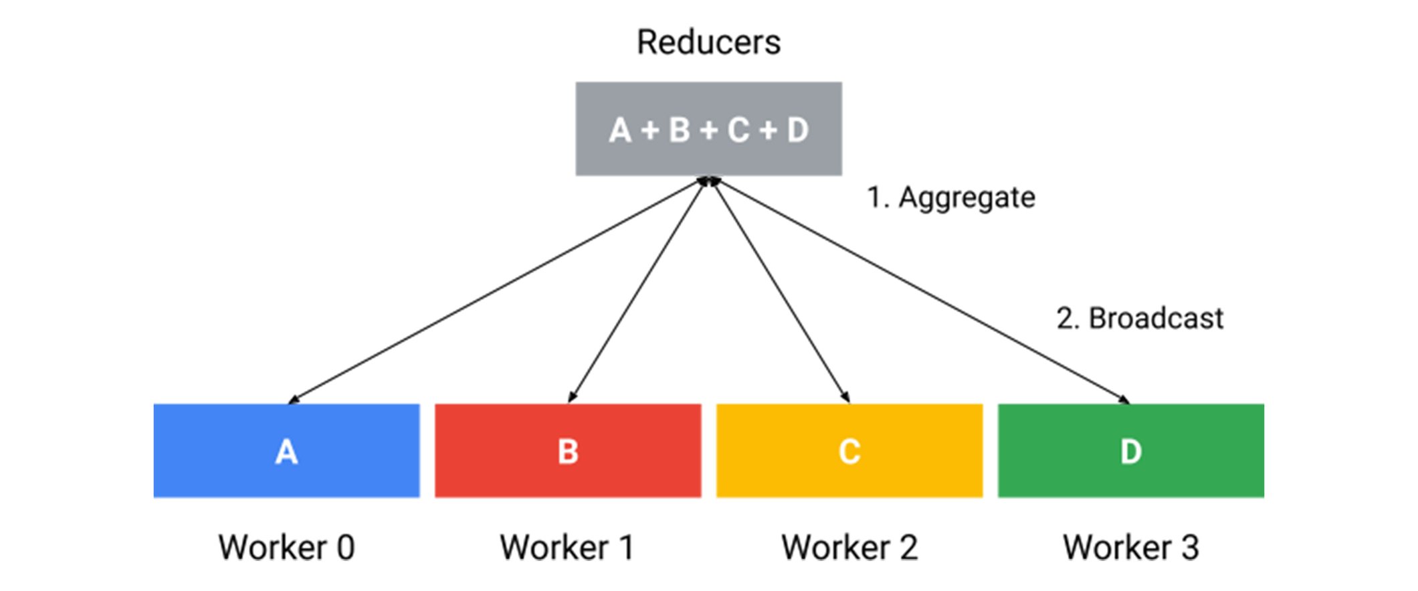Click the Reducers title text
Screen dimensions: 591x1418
point(708,42)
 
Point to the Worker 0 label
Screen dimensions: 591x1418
point(286,547)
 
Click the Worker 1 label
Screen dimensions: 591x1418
point(567,547)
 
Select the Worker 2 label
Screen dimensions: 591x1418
point(849,547)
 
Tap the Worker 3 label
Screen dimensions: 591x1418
point(1130,547)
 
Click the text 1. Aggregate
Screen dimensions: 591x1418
point(950,198)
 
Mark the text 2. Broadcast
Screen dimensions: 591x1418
point(1140,318)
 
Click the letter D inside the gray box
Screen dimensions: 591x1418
point(797,130)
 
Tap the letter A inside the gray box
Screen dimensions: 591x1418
point(620,130)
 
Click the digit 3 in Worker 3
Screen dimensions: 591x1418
point(1189,547)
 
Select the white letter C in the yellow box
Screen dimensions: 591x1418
point(849,452)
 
